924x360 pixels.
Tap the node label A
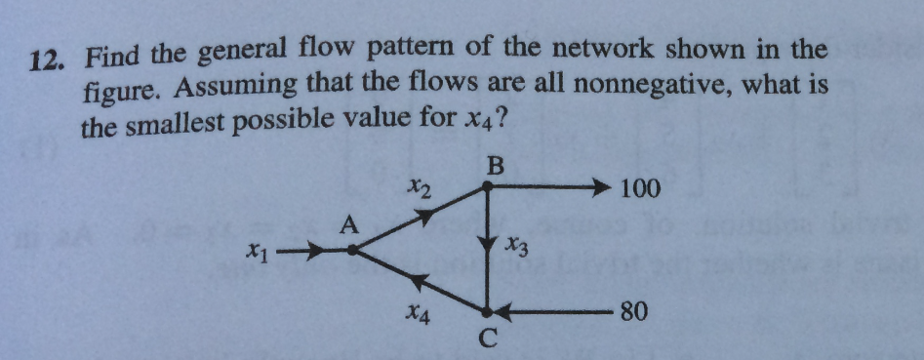(349, 227)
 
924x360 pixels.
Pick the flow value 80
(633, 313)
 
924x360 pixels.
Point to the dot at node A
(354, 251)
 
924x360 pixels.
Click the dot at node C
(488, 312)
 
